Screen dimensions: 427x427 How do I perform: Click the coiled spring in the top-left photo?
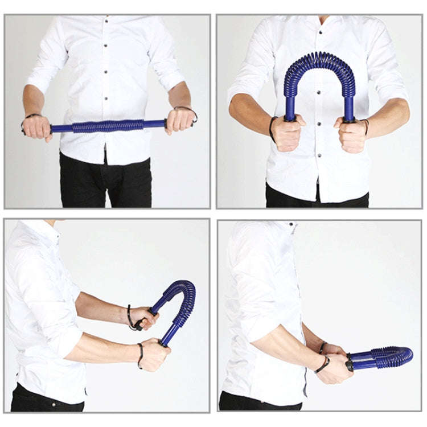[108, 126]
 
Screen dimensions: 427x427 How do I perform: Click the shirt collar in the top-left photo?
[108, 20]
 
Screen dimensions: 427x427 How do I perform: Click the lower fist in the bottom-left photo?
[154, 354]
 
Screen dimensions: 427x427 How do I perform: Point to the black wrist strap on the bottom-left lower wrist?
[140, 354]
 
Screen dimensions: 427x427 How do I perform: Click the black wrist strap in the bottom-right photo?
[323, 364]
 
